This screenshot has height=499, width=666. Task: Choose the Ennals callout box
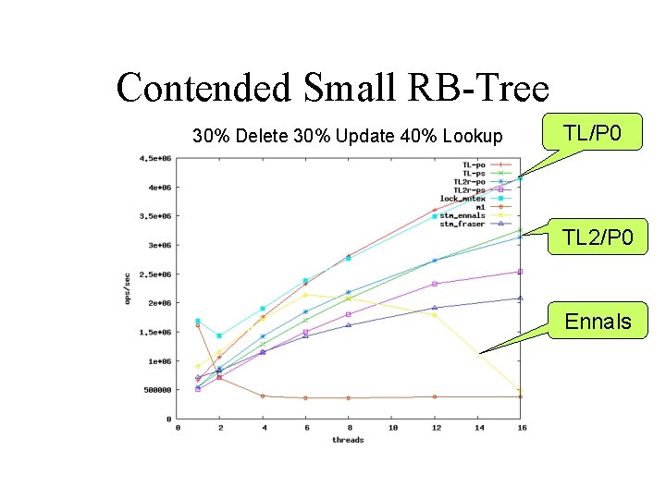tap(598, 321)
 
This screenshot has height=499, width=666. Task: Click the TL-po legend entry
tap(474, 164)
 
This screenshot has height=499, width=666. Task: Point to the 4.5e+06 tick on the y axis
tap(155, 158)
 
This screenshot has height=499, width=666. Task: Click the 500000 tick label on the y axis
tap(157, 390)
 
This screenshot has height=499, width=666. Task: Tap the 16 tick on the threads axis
tap(521, 428)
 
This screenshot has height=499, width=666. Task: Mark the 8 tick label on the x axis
tap(349, 428)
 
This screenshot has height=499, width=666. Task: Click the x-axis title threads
tap(348, 440)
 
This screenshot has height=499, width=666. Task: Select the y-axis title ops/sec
tap(129, 288)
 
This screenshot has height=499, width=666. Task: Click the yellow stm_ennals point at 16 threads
tap(521, 390)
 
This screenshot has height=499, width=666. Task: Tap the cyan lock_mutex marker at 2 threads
tap(219, 335)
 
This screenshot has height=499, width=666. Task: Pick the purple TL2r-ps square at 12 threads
tap(435, 284)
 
